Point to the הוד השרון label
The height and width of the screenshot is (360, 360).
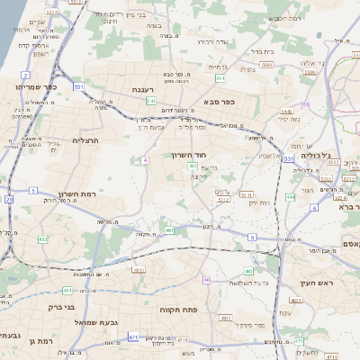click(190, 155)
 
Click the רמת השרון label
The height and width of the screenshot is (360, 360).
click(76, 194)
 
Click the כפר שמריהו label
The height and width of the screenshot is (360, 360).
click(36, 86)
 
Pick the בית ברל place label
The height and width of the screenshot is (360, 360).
click(260, 51)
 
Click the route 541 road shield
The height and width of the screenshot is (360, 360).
click(151, 101)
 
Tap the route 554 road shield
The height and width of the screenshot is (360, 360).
click(221, 77)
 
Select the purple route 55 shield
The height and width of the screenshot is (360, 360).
click(306, 105)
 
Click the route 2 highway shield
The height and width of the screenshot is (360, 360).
click(9, 198)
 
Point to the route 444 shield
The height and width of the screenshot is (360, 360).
click(291, 196)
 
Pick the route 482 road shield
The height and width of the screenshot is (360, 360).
click(42, 239)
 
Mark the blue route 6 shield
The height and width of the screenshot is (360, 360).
click(315, 208)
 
